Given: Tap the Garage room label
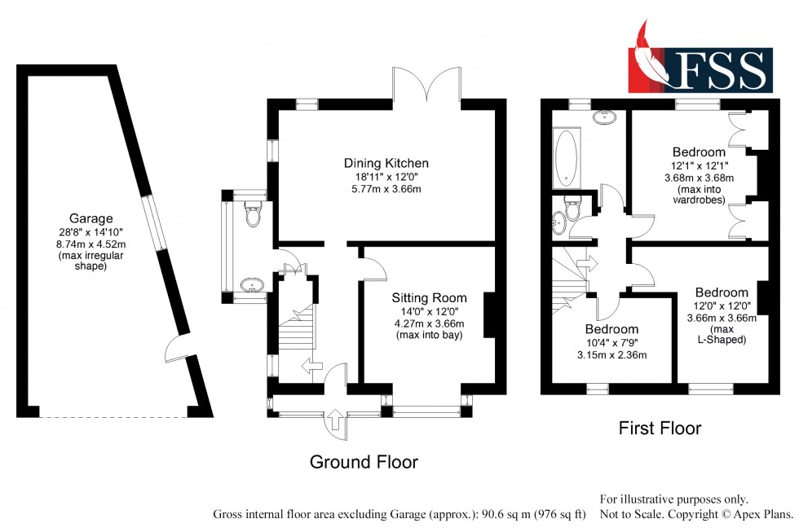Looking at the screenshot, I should click(90, 218).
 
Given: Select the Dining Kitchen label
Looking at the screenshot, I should click(386, 163).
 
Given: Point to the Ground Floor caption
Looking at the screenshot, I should click(364, 463).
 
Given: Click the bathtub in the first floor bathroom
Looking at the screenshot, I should click(566, 159).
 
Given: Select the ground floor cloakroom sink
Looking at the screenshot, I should click(254, 285).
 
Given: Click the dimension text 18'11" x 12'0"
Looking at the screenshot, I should click(386, 177).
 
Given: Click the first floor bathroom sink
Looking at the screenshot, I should click(605, 117).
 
